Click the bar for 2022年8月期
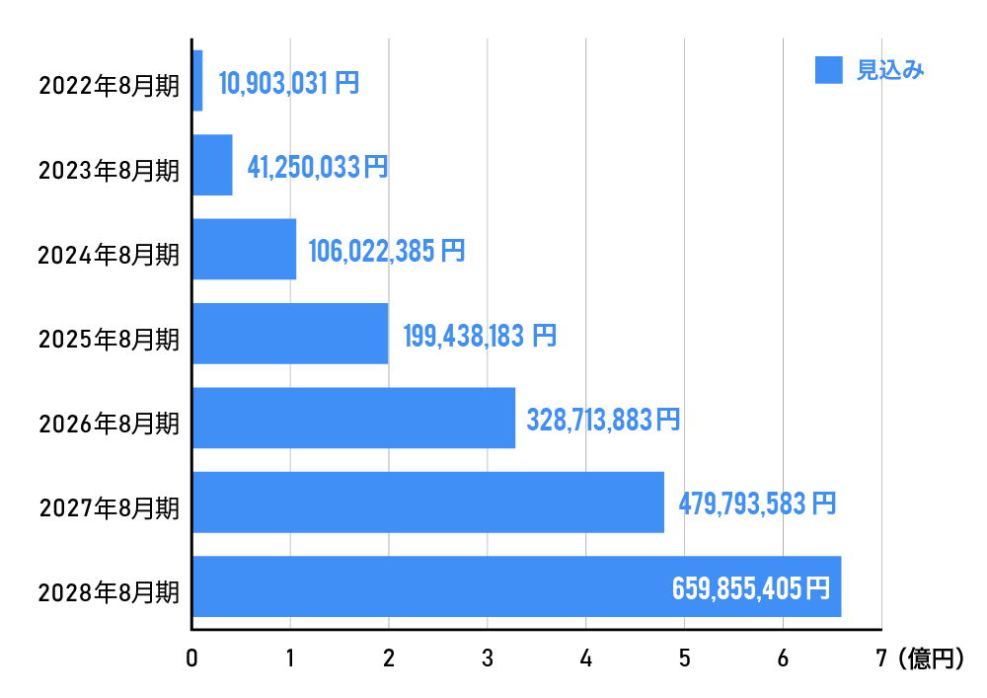(197, 81)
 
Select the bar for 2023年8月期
(212, 165)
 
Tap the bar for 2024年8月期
(244, 250)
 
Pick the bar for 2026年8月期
(353, 419)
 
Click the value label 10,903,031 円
(288, 83)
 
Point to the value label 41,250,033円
(317, 167)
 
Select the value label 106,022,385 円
(386, 251)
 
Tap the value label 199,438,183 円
(479, 336)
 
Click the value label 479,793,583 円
(757, 504)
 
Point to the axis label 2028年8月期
(109, 593)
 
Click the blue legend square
(829, 70)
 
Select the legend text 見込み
(890, 70)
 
